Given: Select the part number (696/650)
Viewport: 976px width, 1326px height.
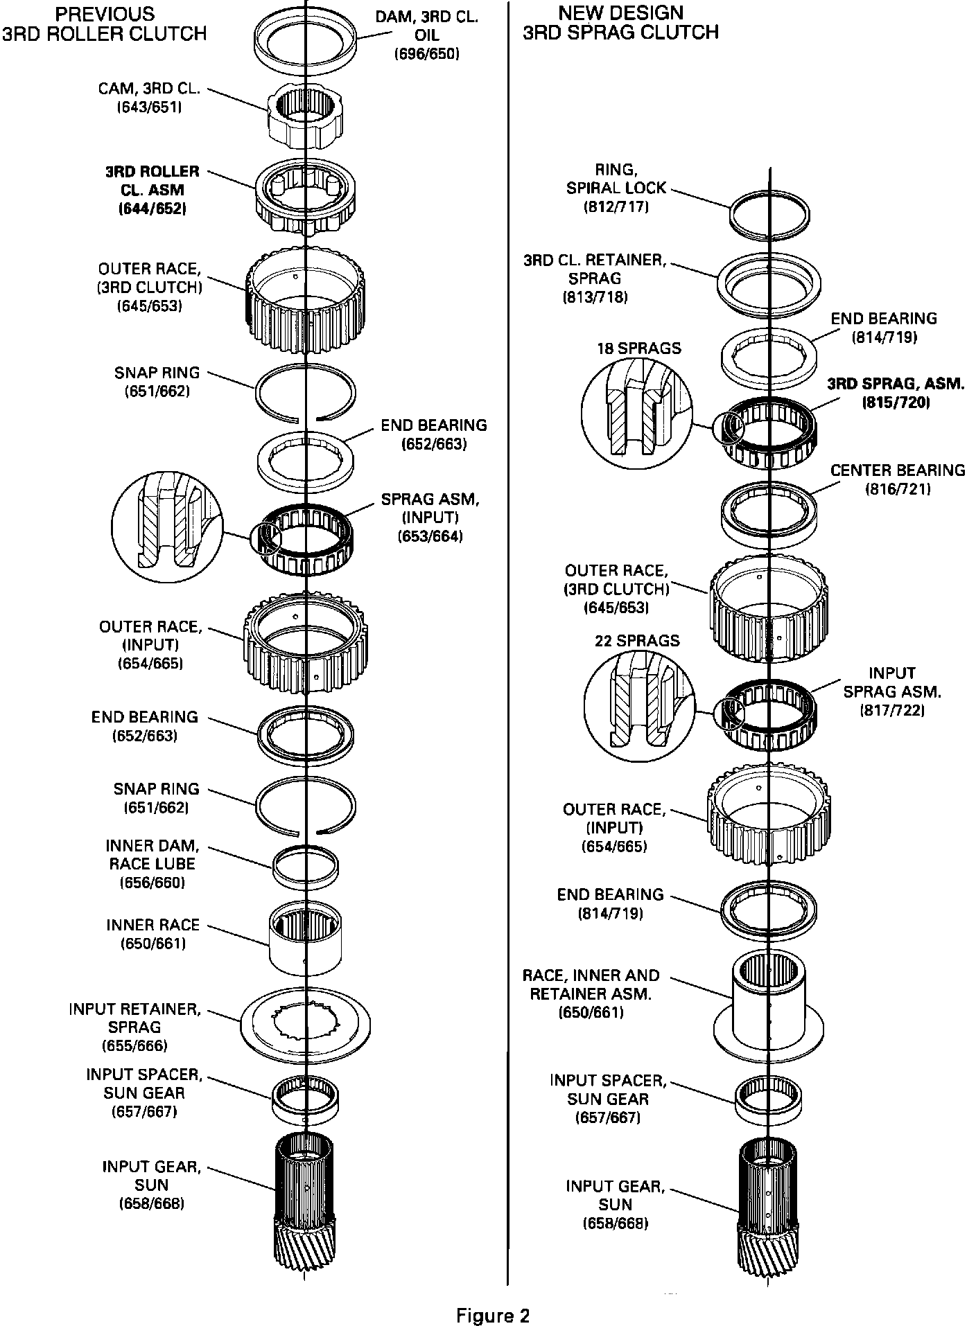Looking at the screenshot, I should [x=426, y=54].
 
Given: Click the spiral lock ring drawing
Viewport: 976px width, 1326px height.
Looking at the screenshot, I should [x=769, y=215].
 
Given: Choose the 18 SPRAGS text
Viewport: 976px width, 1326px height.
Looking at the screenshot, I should [x=638, y=348].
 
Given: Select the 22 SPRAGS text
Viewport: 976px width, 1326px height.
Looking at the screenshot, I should [x=637, y=641].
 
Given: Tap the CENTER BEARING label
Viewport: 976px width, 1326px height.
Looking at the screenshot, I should [x=898, y=470].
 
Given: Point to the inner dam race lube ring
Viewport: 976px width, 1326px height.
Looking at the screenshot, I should [x=306, y=865].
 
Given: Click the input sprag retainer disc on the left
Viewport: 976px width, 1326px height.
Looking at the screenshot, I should [x=306, y=1022].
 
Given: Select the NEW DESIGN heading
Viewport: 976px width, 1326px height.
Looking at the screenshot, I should [x=620, y=12].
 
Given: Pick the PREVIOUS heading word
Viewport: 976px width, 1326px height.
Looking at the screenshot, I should [x=105, y=14].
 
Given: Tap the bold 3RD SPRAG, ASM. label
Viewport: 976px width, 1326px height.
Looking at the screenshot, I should [x=896, y=383].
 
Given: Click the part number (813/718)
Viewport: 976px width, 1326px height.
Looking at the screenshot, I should [x=595, y=297].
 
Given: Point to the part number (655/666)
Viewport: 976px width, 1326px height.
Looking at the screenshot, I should [x=134, y=1046].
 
